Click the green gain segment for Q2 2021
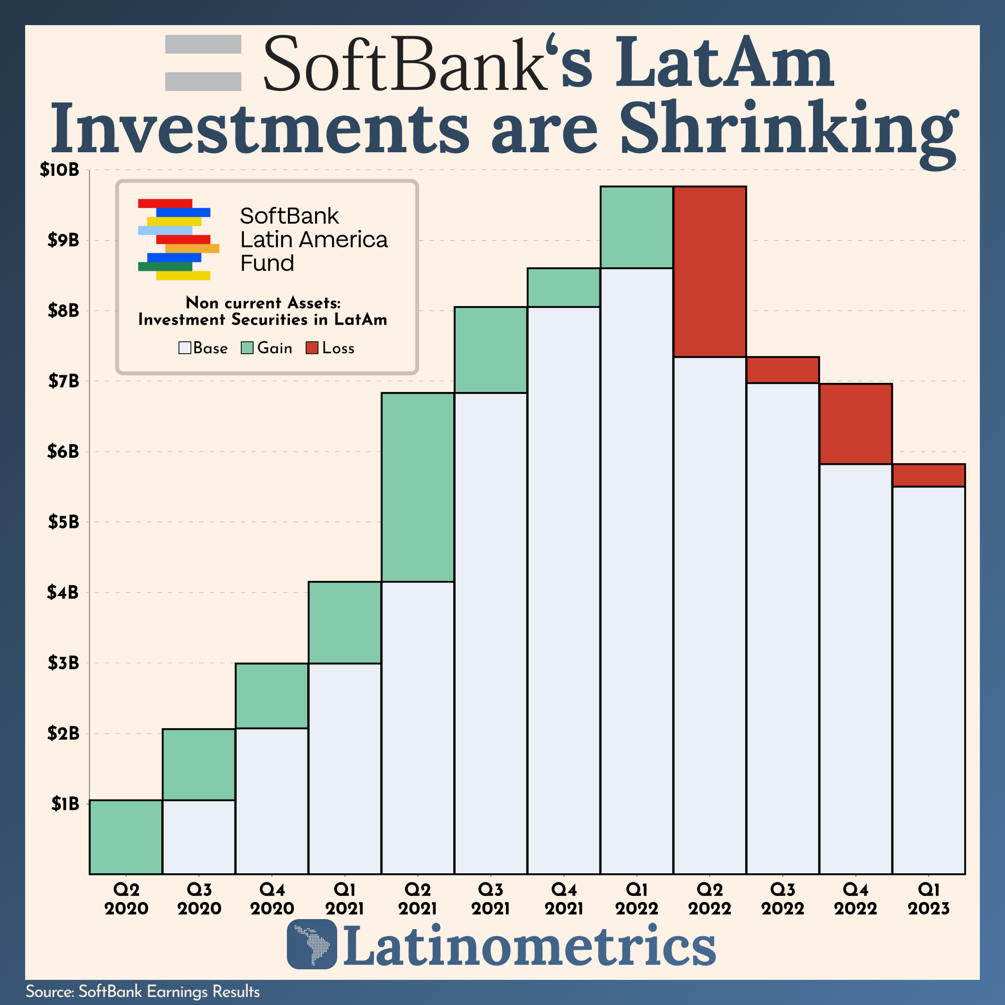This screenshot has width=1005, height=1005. point(417,487)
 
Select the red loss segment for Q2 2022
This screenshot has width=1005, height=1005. point(710,271)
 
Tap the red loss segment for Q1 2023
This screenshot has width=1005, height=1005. point(929,475)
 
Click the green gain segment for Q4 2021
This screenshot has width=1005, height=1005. point(563,287)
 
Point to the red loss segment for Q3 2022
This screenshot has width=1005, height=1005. point(782,370)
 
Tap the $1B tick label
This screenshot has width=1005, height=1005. point(65,803)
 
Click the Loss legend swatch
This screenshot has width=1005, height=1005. point(312,348)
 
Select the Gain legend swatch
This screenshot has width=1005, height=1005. point(247,348)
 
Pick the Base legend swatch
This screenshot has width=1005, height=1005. point(184,348)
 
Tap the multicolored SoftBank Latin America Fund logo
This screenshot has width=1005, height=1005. point(178,239)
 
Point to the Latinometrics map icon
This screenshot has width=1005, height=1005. point(312,944)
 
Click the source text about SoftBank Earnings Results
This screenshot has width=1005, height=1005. point(143,991)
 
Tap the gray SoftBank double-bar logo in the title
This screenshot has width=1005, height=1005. point(203,63)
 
